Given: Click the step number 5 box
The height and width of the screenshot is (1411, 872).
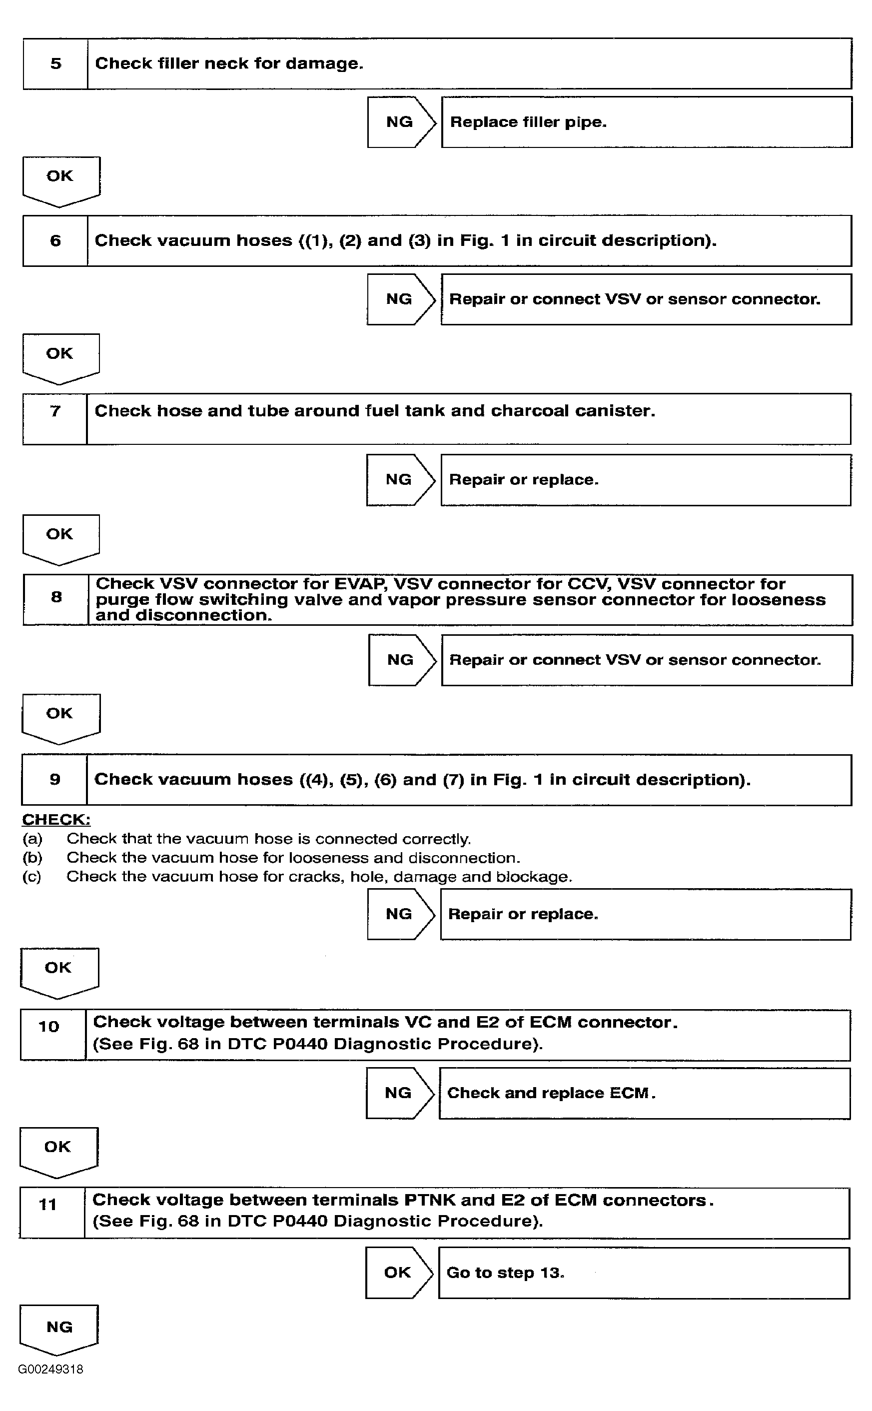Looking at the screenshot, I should pos(55,63).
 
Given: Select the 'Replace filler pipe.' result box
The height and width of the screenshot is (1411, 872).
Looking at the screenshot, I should pos(646,122).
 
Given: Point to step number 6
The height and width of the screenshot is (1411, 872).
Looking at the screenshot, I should pos(55,240).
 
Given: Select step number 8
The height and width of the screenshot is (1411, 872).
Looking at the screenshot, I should pos(56,597).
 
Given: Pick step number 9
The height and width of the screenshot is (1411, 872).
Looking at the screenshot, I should pos(55,779).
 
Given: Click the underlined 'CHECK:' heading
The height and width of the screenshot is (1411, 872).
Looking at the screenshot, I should pos(56,819).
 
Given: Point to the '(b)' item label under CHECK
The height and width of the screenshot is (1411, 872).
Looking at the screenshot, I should pos(32,858).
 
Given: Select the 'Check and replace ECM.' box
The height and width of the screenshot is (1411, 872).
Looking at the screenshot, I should pos(644,1093).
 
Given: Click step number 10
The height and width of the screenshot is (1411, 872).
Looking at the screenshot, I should pos(49,1027).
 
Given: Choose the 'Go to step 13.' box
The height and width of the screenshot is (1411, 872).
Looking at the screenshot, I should pos(644,1273).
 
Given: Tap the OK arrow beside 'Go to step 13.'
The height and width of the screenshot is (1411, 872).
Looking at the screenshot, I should pos(398,1273).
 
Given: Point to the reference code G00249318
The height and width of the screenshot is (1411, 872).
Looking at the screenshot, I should pos(51,1369).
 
